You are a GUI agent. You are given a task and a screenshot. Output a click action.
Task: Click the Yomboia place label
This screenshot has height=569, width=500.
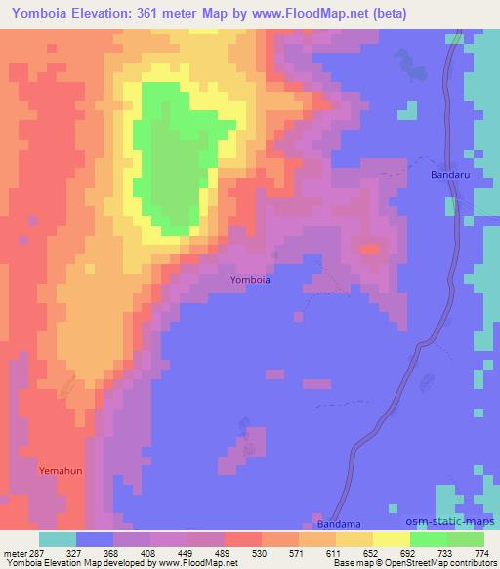[x=250, y=280]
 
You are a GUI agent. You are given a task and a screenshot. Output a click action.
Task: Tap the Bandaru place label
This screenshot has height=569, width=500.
[x=450, y=176]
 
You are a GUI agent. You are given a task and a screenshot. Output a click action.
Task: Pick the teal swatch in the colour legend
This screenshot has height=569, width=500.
[x=58, y=539]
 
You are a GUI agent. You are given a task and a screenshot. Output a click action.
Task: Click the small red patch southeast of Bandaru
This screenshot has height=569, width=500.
[x=369, y=250]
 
